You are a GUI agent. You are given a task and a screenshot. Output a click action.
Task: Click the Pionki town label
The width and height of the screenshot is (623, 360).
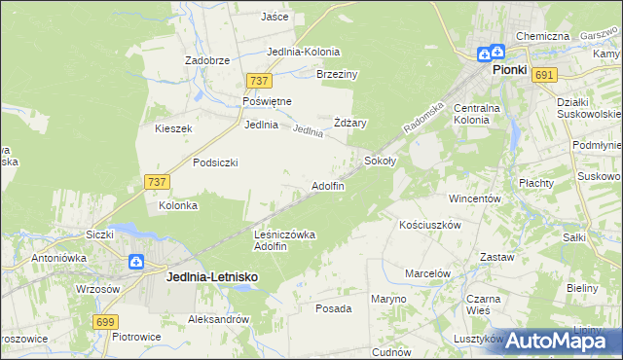point(509,70)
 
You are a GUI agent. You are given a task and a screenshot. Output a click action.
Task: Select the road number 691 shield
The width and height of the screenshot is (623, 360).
point(544,74)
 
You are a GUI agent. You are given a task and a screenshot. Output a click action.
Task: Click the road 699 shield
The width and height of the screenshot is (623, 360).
point(106,321)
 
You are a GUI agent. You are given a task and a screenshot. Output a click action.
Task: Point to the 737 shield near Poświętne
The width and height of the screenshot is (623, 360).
point(258,82)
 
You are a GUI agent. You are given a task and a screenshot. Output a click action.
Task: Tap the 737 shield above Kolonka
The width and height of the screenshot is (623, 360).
point(156,182)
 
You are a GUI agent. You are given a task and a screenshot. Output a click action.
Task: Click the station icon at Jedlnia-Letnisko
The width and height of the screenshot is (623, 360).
point(136,262)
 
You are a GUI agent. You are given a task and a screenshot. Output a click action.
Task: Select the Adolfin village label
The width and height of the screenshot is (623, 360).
point(327,186)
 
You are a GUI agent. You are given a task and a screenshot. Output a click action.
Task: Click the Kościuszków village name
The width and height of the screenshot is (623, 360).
point(429,224)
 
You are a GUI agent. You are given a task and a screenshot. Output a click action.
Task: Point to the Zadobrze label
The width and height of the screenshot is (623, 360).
point(206,59)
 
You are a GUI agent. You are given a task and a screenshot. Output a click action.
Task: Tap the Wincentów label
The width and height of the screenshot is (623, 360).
point(474,198)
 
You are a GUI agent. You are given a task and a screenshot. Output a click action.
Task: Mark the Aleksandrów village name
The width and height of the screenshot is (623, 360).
point(219,319)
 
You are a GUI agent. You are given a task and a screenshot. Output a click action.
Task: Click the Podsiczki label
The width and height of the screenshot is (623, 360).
point(215,162)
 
